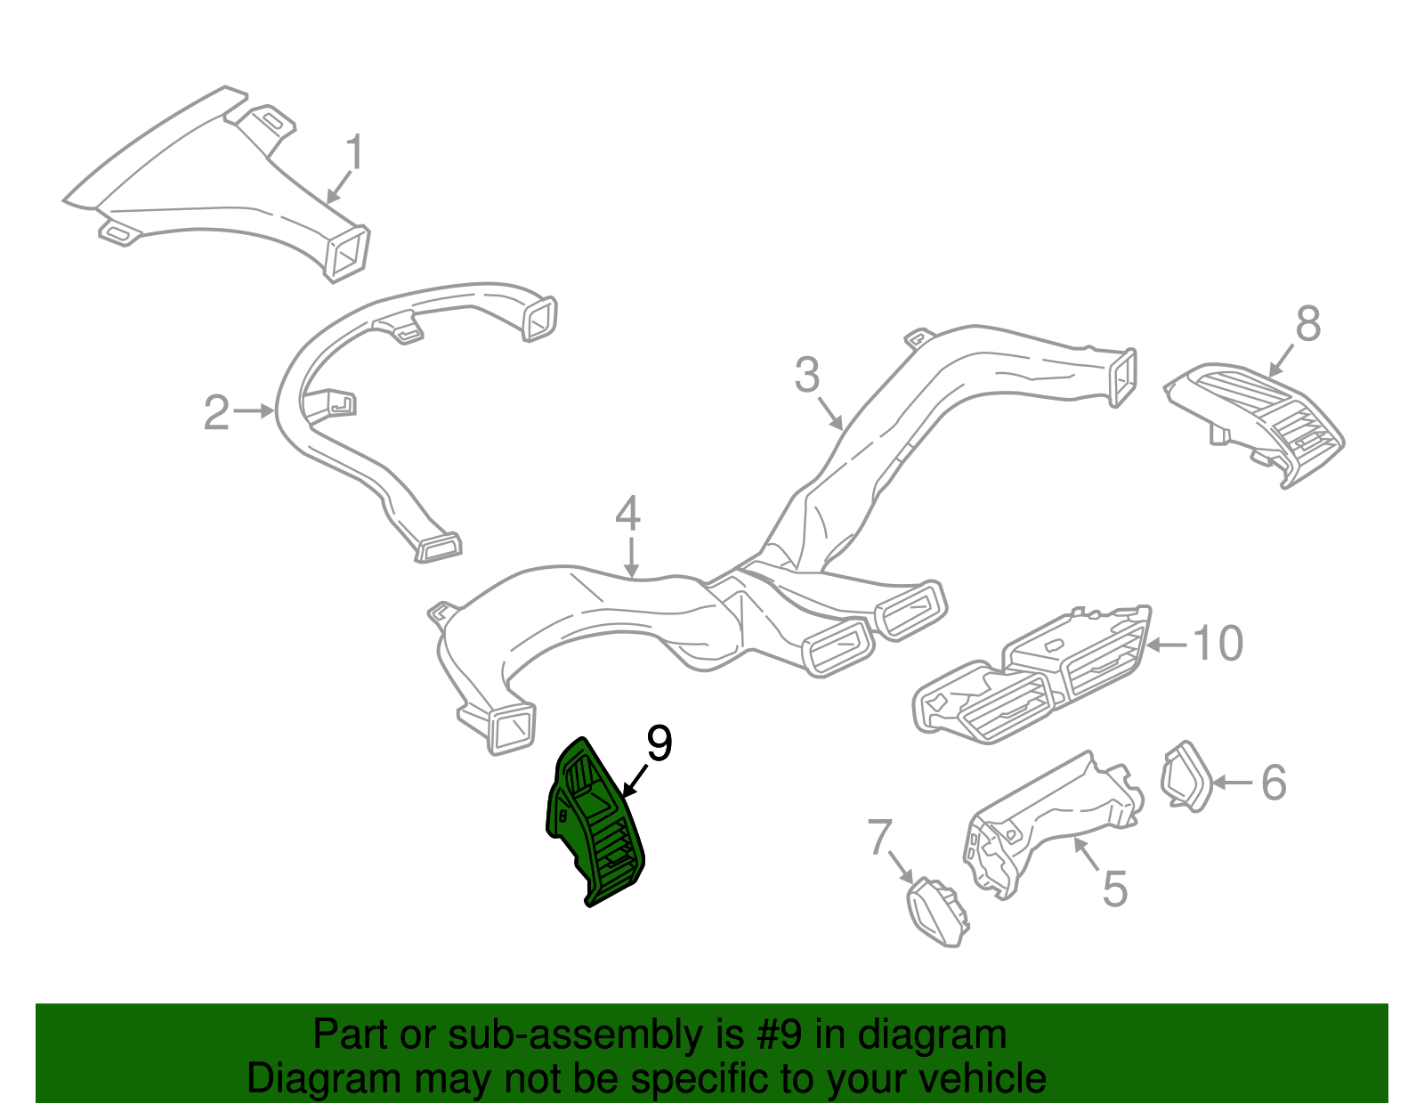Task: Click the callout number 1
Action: pyautogui.click(x=354, y=152)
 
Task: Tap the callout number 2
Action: pyautogui.click(x=217, y=412)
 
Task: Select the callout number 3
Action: pyautogui.click(x=807, y=375)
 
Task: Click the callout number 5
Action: pyautogui.click(x=1115, y=889)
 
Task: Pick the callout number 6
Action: pyautogui.click(x=1274, y=783)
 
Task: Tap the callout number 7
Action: pyautogui.click(x=879, y=837)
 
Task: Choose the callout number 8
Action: pyautogui.click(x=1308, y=324)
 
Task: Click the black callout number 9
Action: pyautogui.click(x=659, y=743)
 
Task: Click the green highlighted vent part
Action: pyautogui.click(x=595, y=822)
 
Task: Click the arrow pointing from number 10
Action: pyautogui.click(x=1166, y=645)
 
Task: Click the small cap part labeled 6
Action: pyautogui.click(x=1186, y=777)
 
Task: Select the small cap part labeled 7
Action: pyautogui.click(x=938, y=912)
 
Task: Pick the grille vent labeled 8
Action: pyautogui.click(x=1254, y=425)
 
